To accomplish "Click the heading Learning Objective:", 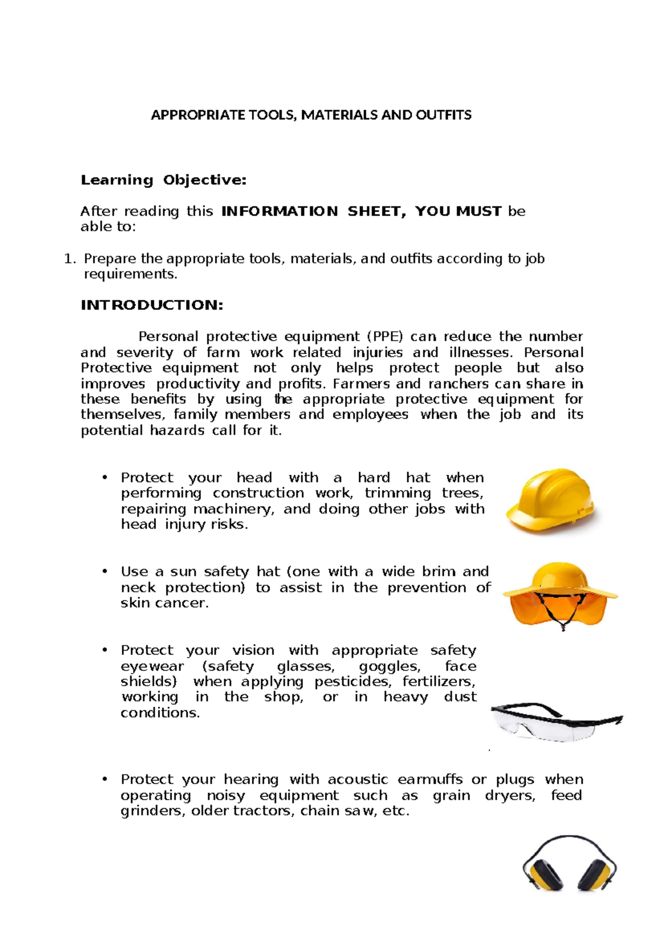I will coord(163,180).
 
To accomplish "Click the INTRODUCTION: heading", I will coord(152,305).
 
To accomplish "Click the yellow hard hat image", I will coord(551,502).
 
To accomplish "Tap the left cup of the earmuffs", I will coord(542,874).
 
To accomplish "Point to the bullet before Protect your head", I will coord(104,478).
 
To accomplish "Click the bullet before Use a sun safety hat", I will coord(104,571).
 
